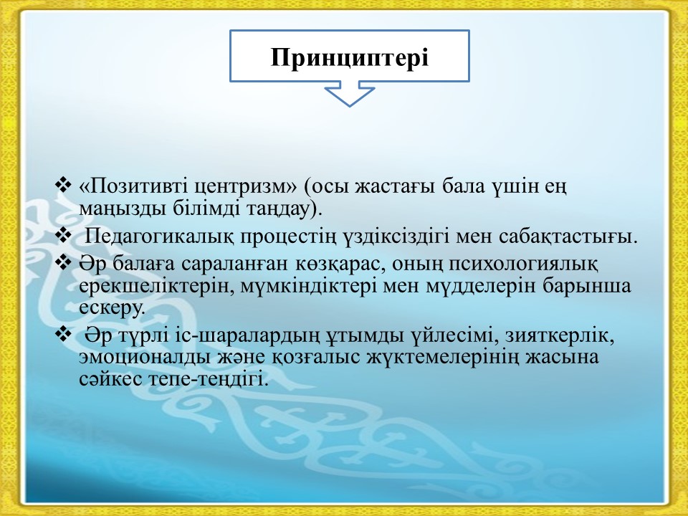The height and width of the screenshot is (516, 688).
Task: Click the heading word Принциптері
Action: point(349,58)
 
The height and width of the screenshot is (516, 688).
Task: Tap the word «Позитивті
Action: point(134,186)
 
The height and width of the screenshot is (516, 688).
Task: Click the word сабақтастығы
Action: point(568,237)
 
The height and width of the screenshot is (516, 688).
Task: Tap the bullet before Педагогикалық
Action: point(63,235)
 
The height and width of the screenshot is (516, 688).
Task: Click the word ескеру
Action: point(112,307)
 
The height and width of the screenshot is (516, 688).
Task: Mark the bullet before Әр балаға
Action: point(63,262)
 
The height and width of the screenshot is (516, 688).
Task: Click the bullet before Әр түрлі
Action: point(63,335)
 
